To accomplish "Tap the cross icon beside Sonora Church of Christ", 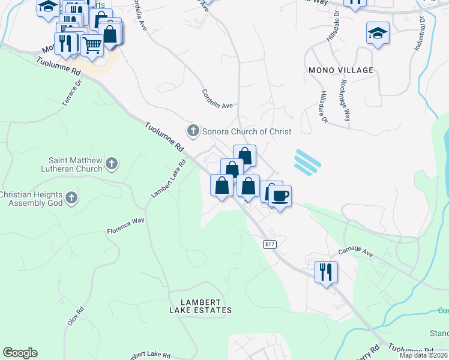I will [x=193, y=130].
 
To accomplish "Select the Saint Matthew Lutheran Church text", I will [x=76, y=164].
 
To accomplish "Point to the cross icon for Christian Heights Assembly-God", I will [x=71, y=198].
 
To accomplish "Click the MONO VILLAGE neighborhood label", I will [x=341, y=70].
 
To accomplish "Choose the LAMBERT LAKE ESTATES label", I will [x=200, y=306].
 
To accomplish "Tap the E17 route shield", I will [x=270, y=244].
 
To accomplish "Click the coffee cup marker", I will [x=280, y=196].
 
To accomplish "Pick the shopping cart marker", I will [x=92, y=44].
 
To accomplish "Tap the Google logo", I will [x=20, y=353].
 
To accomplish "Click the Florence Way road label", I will [x=125, y=226].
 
